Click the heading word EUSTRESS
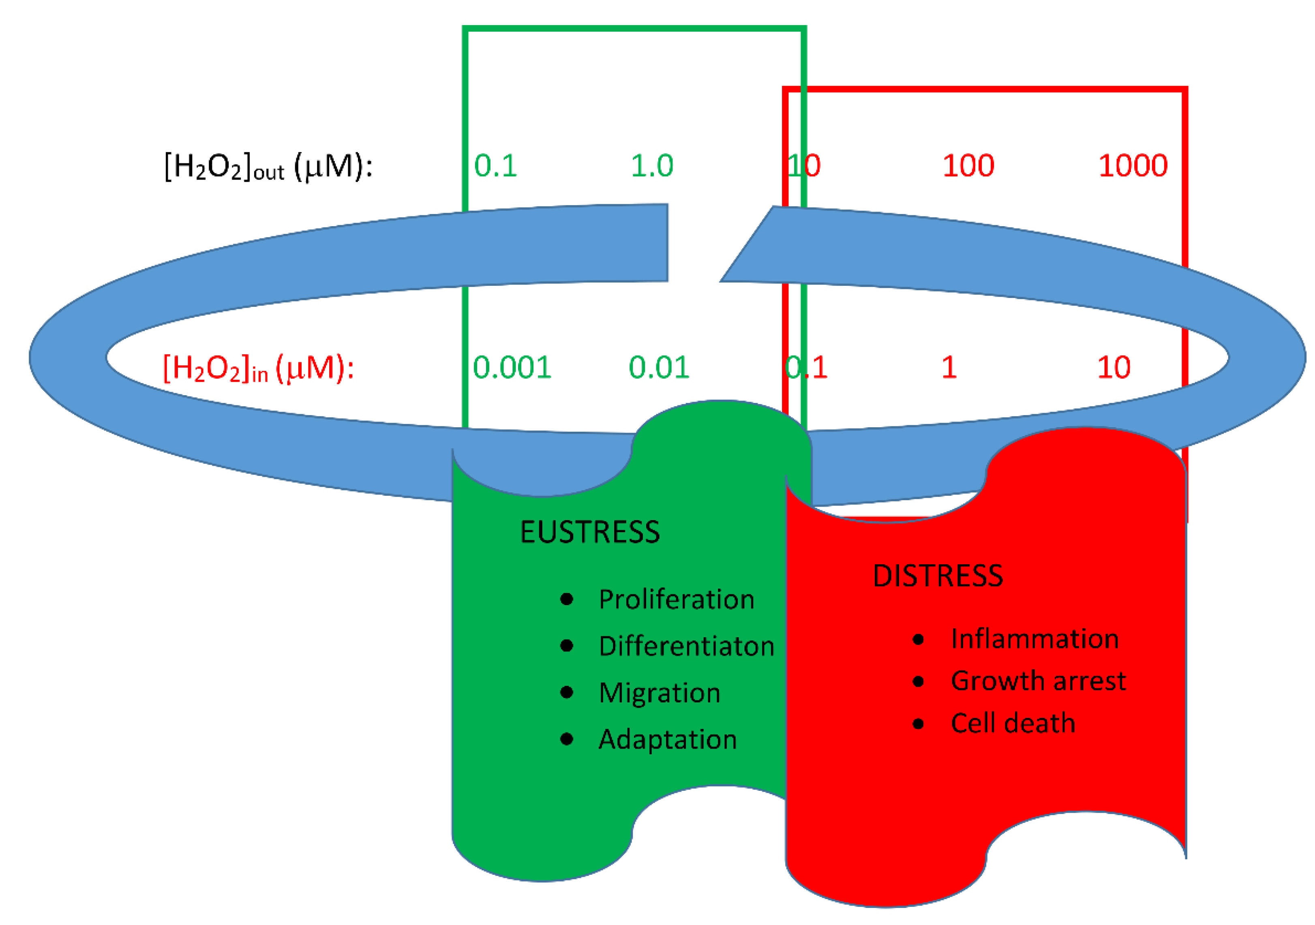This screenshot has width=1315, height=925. [589, 532]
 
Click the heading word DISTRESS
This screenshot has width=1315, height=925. [938, 576]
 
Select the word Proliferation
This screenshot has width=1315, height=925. [677, 600]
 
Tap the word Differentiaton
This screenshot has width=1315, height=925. [686, 646]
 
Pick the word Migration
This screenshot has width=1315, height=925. [659, 693]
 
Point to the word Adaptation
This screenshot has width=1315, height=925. [667, 739]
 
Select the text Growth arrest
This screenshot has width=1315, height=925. [1038, 681]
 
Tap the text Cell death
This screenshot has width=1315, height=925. [1013, 724]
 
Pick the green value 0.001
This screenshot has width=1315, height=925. [512, 368]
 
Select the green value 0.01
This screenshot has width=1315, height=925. [659, 368]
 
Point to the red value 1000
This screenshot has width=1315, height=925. [1132, 166]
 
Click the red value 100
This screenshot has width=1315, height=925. [968, 166]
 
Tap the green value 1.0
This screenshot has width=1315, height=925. [652, 166]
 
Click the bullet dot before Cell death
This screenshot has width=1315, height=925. [918, 724]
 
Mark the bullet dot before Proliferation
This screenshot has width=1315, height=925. [566, 600]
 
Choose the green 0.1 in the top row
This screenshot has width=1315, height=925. [495, 166]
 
